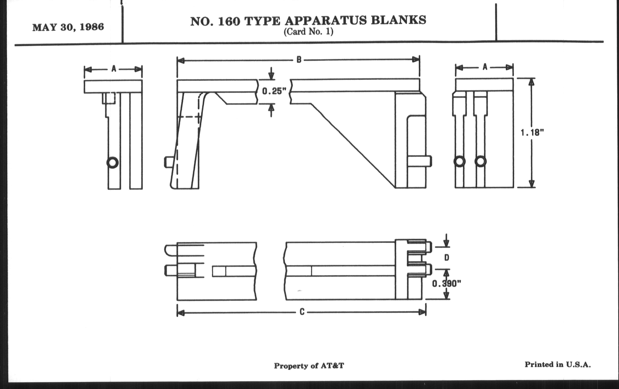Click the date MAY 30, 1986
click(68, 27)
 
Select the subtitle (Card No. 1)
click(308, 32)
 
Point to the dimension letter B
click(299, 60)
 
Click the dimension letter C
click(302, 312)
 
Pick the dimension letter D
click(446, 258)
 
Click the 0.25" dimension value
click(274, 91)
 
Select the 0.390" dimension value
click(446, 284)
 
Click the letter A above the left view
click(114, 69)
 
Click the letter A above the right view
click(485, 67)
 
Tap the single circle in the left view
click(112, 162)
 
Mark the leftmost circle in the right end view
click(459, 162)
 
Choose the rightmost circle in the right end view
click(481, 162)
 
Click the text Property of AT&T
click(309, 366)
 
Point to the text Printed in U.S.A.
click(558, 365)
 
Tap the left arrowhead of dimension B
click(181, 61)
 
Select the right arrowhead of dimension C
click(422, 312)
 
